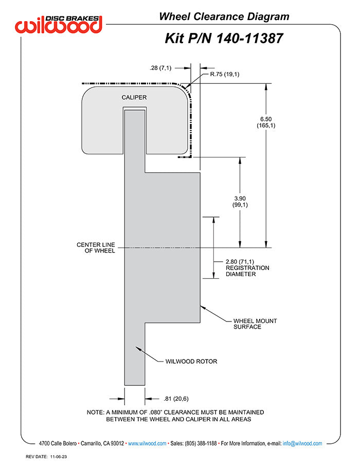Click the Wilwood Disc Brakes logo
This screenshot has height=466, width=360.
pyautogui.click(x=59, y=24)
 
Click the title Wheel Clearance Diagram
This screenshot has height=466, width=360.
pyautogui.click(x=224, y=16)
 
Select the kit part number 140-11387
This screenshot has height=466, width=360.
pyautogui.click(x=249, y=39)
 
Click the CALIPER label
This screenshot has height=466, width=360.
pyautogui.click(x=134, y=98)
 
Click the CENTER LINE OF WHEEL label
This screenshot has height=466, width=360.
pyautogui.click(x=96, y=247)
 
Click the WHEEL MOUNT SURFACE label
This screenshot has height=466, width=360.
pyautogui.click(x=255, y=324)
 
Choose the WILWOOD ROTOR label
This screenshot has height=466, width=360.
pyautogui.click(x=191, y=362)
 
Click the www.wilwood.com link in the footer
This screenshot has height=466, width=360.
pyautogui.click(x=147, y=443)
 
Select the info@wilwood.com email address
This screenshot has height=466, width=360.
pyautogui.click(x=302, y=443)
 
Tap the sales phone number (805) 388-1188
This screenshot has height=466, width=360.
pyautogui.click(x=201, y=443)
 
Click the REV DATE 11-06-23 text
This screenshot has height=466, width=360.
pyautogui.click(x=46, y=457)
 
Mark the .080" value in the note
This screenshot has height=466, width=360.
pyautogui.click(x=156, y=412)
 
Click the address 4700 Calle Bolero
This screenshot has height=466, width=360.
pyautogui.click(x=58, y=443)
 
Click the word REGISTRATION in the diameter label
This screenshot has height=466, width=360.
pyautogui.click(x=247, y=268)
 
